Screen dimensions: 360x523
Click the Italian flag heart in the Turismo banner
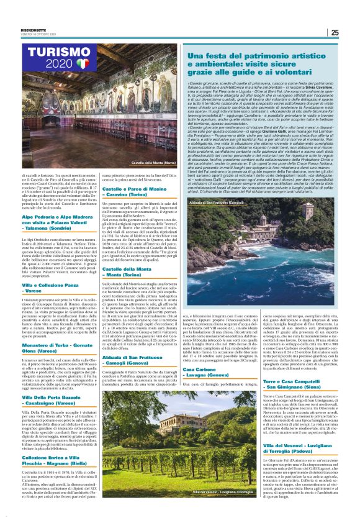point(83,64)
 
